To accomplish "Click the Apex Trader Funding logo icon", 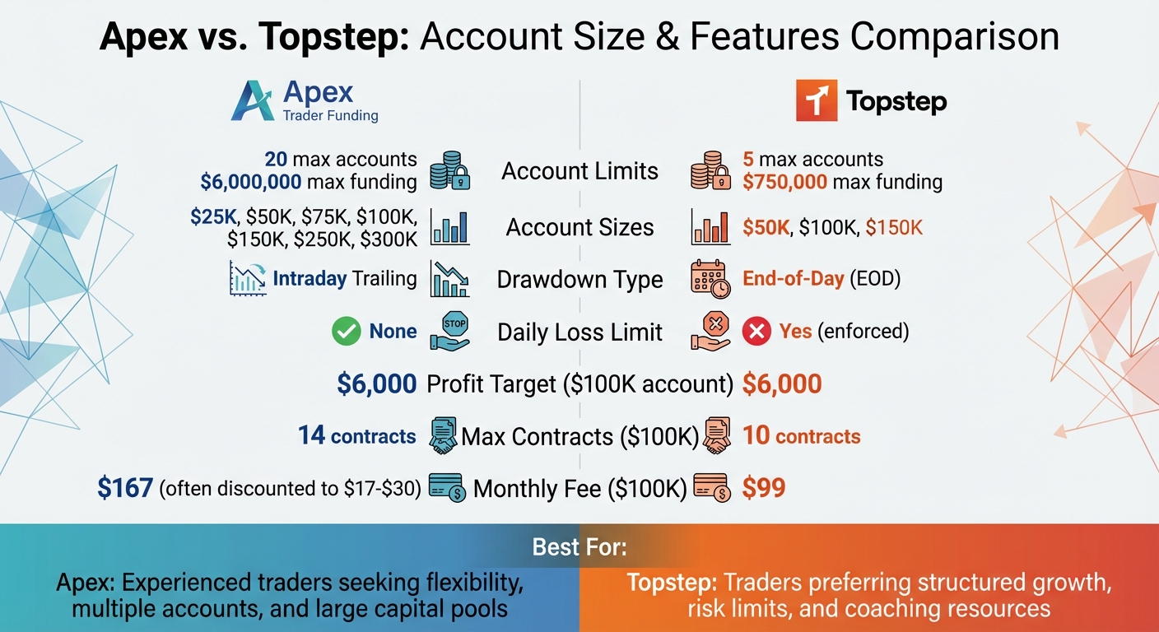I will click(253, 102).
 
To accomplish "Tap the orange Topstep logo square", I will click(817, 101).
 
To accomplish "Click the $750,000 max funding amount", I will click(784, 182).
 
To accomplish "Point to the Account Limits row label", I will click(579, 171).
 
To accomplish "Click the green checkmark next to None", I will click(345, 332).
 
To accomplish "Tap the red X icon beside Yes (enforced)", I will click(756, 332).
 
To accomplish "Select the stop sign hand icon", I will click(449, 332).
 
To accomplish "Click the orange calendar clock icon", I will click(710, 279).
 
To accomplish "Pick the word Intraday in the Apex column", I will click(310, 279).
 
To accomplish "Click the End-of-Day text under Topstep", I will click(793, 279).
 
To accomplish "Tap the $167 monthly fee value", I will click(125, 488).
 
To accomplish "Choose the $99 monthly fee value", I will click(763, 488).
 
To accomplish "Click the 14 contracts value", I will click(357, 435).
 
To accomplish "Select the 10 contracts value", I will click(801, 435).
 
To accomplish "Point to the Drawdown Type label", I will click(579, 280).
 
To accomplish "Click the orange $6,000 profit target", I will click(781, 383).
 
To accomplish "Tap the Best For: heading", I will click(579, 547).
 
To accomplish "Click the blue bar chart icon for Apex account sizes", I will click(449, 227).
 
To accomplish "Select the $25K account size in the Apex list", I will click(212, 217).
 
